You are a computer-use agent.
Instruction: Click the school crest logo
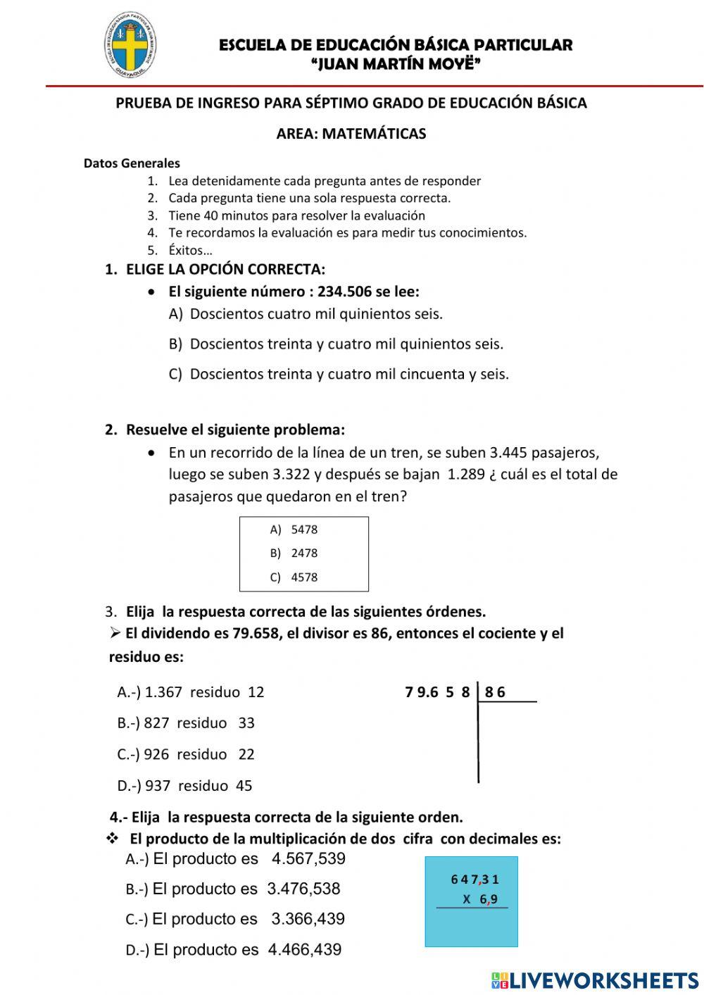[x=130, y=46]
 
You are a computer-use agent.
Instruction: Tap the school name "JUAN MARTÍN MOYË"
[x=396, y=65]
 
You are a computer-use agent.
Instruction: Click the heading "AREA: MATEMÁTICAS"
[x=351, y=134]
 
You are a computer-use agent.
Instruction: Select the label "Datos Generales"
[x=132, y=163]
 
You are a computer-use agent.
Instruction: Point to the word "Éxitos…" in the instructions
[x=190, y=250]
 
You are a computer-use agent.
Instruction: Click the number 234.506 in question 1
[x=344, y=292]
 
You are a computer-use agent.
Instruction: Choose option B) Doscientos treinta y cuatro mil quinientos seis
[x=336, y=344]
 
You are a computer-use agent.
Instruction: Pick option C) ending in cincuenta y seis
[x=339, y=375]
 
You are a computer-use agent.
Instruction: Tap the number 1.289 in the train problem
[x=466, y=475]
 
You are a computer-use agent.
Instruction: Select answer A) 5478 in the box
[x=294, y=530]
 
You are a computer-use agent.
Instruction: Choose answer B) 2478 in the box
[x=294, y=553]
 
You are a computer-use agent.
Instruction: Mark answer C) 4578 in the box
[x=294, y=577]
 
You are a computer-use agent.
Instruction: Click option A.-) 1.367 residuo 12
[x=191, y=692]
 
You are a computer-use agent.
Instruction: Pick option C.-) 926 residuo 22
[x=186, y=755]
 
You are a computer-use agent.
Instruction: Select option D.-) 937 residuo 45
[x=184, y=786]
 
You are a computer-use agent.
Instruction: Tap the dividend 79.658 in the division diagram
[x=437, y=692]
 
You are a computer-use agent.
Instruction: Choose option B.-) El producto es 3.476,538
[x=233, y=889]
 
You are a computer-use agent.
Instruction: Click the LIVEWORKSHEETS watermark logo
[x=595, y=980]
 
